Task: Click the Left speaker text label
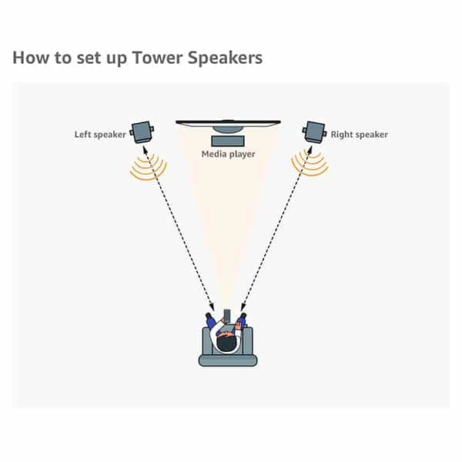(99, 135)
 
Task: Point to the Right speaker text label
(360, 135)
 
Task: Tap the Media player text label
(228, 154)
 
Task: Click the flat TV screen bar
(228, 122)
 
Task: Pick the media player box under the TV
(228, 141)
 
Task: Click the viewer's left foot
(209, 316)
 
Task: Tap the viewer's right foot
(243, 316)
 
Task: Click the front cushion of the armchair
(228, 360)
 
